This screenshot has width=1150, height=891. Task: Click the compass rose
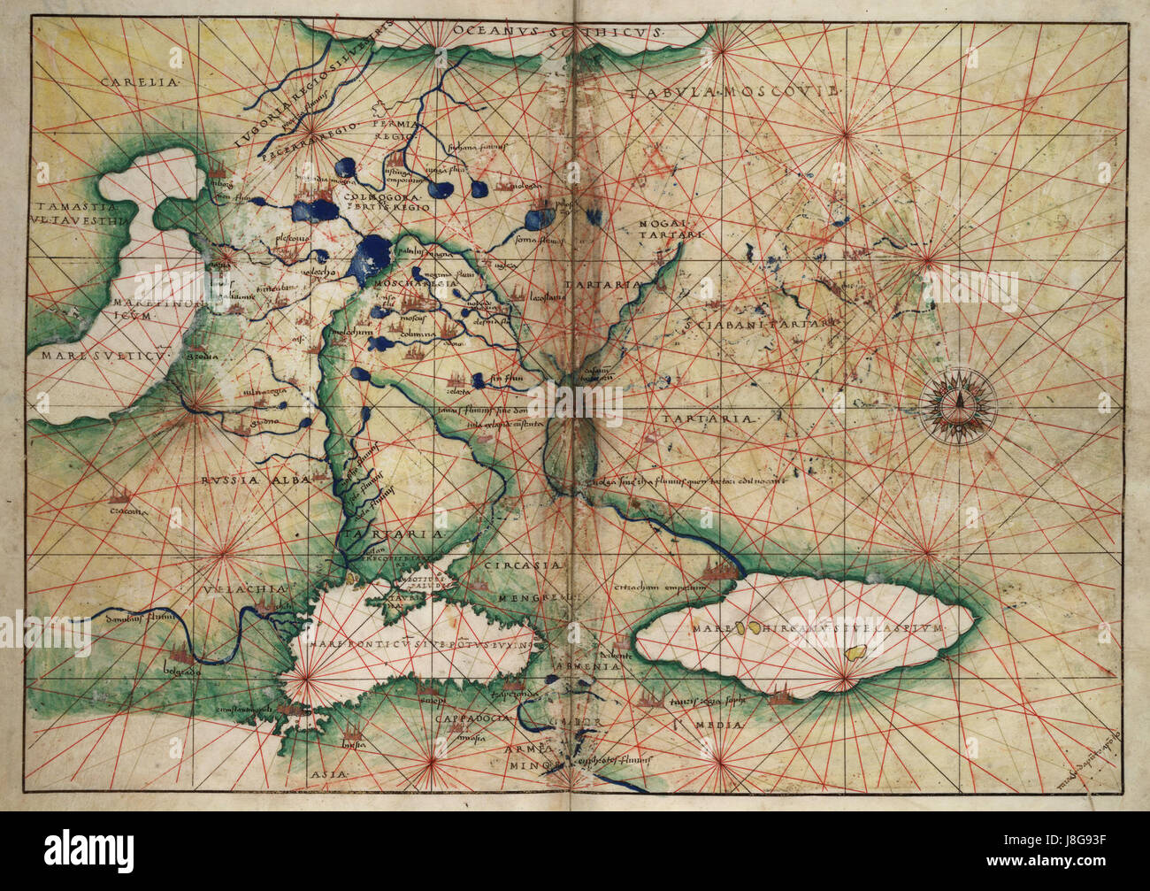957,404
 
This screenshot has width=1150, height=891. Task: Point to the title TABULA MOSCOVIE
733,92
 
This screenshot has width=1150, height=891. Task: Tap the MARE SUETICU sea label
103,356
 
